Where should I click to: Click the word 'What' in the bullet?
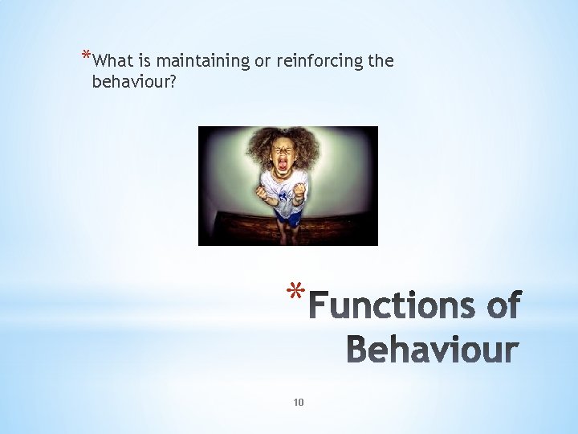coord(112,61)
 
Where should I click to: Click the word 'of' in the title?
coord(502,307)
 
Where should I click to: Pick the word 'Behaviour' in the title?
coord(432,350)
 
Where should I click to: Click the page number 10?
coord(299,403)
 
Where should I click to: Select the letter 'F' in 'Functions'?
coord(321,307)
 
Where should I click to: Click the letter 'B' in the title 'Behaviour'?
coord(358,350)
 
